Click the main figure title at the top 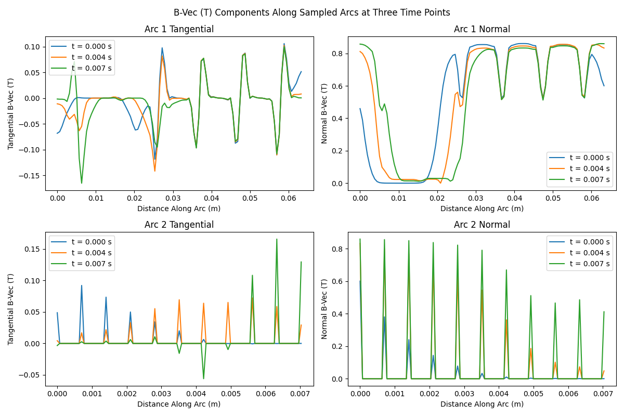coord(312,12)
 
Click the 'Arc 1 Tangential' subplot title coord(179,30)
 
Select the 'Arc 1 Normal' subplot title coord(482,30)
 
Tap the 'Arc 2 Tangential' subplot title coord(179,225)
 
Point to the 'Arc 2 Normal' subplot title coord(482,225)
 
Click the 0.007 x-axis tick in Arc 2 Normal coord(603,394)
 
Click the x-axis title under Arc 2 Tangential coord(179,404)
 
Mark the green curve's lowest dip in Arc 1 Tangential coord(82,183)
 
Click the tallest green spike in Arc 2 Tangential coord(277,239)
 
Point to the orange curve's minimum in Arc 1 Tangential coord(154,171)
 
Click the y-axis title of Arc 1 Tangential coord(11,113)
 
